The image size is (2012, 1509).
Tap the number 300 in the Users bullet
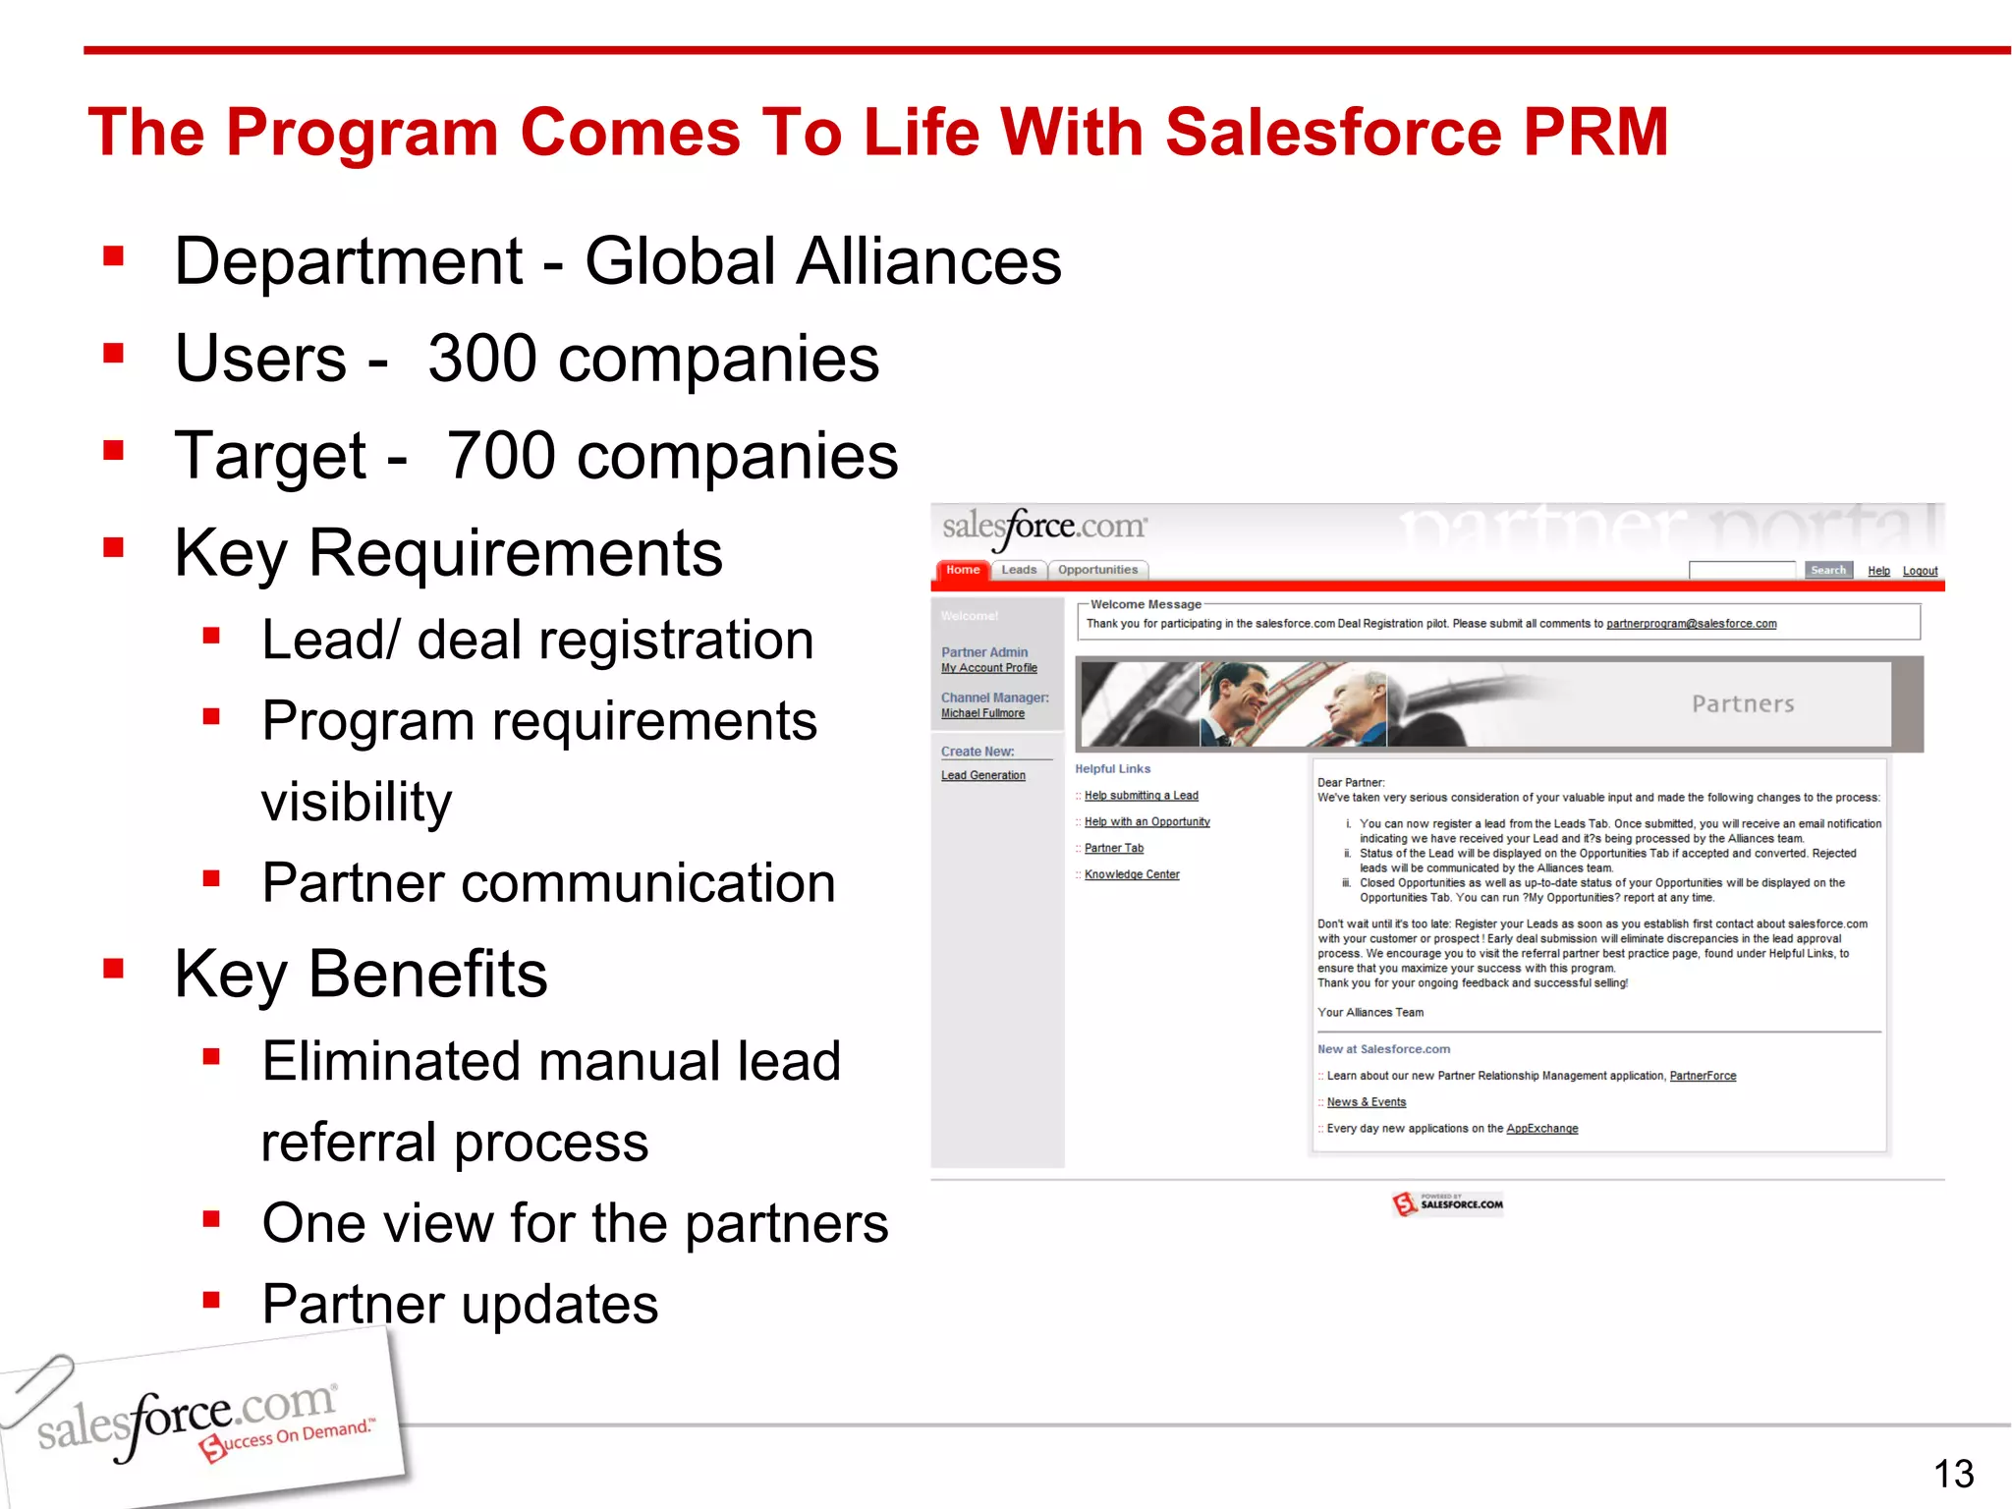pyautogui.click(x=481, y=359)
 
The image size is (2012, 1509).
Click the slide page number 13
pyautogui.click(x=1953, y=1474)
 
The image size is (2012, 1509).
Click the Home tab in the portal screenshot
pyautogui.click(x=963, y=570)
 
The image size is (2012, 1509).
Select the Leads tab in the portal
pyautogui.click(x=1019, y=570)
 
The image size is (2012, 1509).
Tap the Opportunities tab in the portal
pyautogui.click(x=1097, y=570)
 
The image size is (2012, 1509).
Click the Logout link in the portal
pyautogui.click(x=1920, y=571)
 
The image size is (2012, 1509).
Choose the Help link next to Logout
pyautogui.click(x=1878, y=571)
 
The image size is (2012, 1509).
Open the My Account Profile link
pyautogui.click(x=988, y=668)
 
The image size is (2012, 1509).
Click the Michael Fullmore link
pyautogui.click(x=982, y=713)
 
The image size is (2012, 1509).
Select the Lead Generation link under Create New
pyautogui.click(x=982, y=775)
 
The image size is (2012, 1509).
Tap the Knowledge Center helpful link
pyautogui.click(x=1132, y=874)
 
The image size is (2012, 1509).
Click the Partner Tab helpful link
pyautogui.click(x=1113, y=848)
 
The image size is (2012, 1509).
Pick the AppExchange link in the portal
pyautogui.click(x=1541, y=1129)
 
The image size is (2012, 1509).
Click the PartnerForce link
pyautogui.click(x=1703, y=1076)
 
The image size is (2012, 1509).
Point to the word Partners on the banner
pyautogui.click(x=1743, y=704)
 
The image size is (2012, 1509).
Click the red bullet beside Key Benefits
pyautogui.click(x=114, y=970)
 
